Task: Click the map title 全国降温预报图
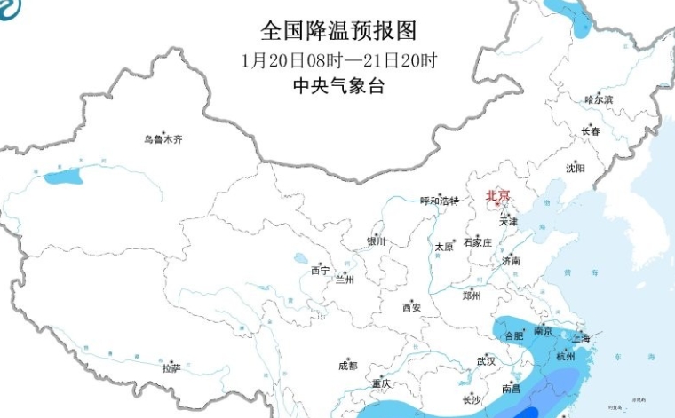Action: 337,31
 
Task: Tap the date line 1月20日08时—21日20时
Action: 339,61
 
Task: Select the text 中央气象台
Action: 339,86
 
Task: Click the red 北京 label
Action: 498,196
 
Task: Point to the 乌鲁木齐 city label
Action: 163,139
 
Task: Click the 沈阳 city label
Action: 576,167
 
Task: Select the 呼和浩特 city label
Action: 439,201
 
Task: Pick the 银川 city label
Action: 377,241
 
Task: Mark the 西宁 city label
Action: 320,270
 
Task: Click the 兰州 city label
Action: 344,280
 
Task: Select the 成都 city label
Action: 347,365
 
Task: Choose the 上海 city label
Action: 582,338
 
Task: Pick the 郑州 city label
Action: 472,296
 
